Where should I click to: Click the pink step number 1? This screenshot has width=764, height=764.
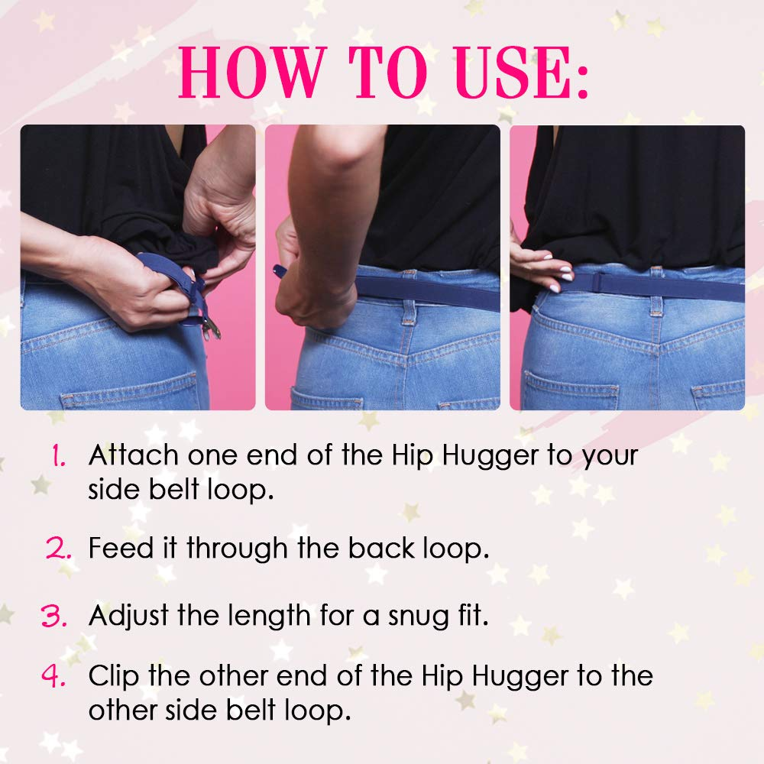click(58, 457)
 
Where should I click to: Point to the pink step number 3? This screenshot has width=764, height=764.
click(55, 616)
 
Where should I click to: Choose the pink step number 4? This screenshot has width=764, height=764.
click(55, 678)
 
